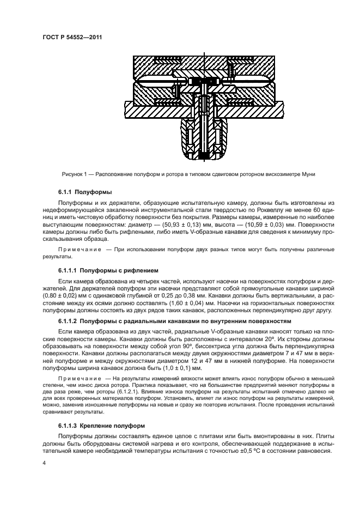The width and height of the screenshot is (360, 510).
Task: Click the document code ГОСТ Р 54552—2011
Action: pos(72,37)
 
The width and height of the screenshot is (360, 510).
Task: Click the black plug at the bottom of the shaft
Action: pos(203,157)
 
